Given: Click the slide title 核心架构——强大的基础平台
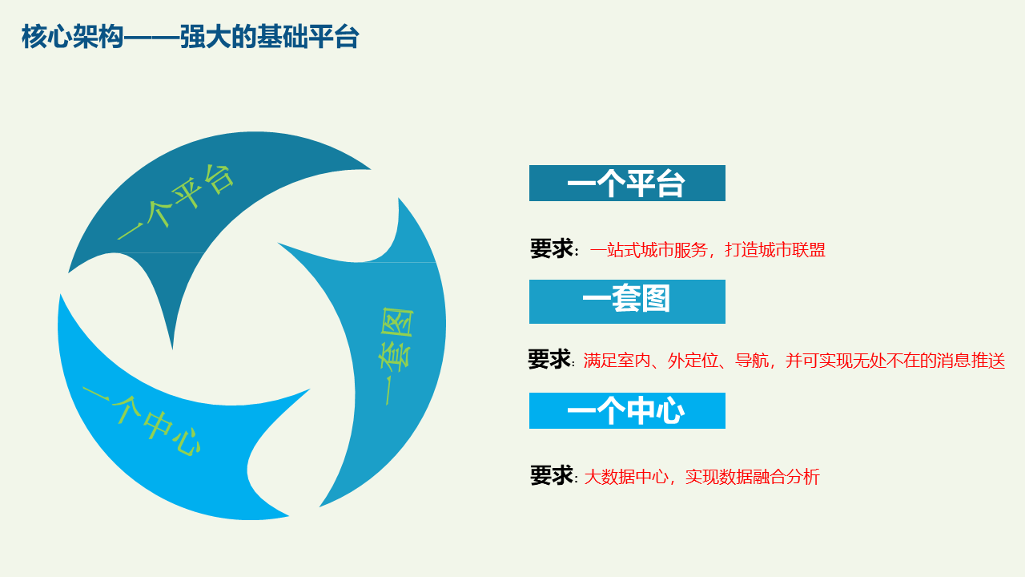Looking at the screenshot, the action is [x=190, y=37].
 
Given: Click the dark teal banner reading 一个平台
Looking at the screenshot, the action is [x=627, y=184].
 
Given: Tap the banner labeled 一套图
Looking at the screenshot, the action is [x=627, y=301].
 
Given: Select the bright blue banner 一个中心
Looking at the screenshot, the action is [x=627, y=411].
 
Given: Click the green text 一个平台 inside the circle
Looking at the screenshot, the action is [x=176, y=201].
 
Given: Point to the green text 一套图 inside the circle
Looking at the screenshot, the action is [x=396, y=356].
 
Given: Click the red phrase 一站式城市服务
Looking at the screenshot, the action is [x=649, y=250].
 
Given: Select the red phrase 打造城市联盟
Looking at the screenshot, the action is [x=775, y=250].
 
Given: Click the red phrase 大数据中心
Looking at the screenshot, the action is [x=626, y=477].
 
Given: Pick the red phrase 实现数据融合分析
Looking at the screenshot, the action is [x=752, y=477].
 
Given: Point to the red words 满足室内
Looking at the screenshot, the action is [x=617, y=361].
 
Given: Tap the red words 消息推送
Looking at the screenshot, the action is [x=971, y=361].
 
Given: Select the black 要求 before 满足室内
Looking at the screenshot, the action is [x=549, y=359].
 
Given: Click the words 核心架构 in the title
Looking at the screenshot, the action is [x=72, y=37].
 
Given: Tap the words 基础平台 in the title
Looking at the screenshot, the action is [x=308, y=37].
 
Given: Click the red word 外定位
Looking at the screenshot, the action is [x=693, y=361].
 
